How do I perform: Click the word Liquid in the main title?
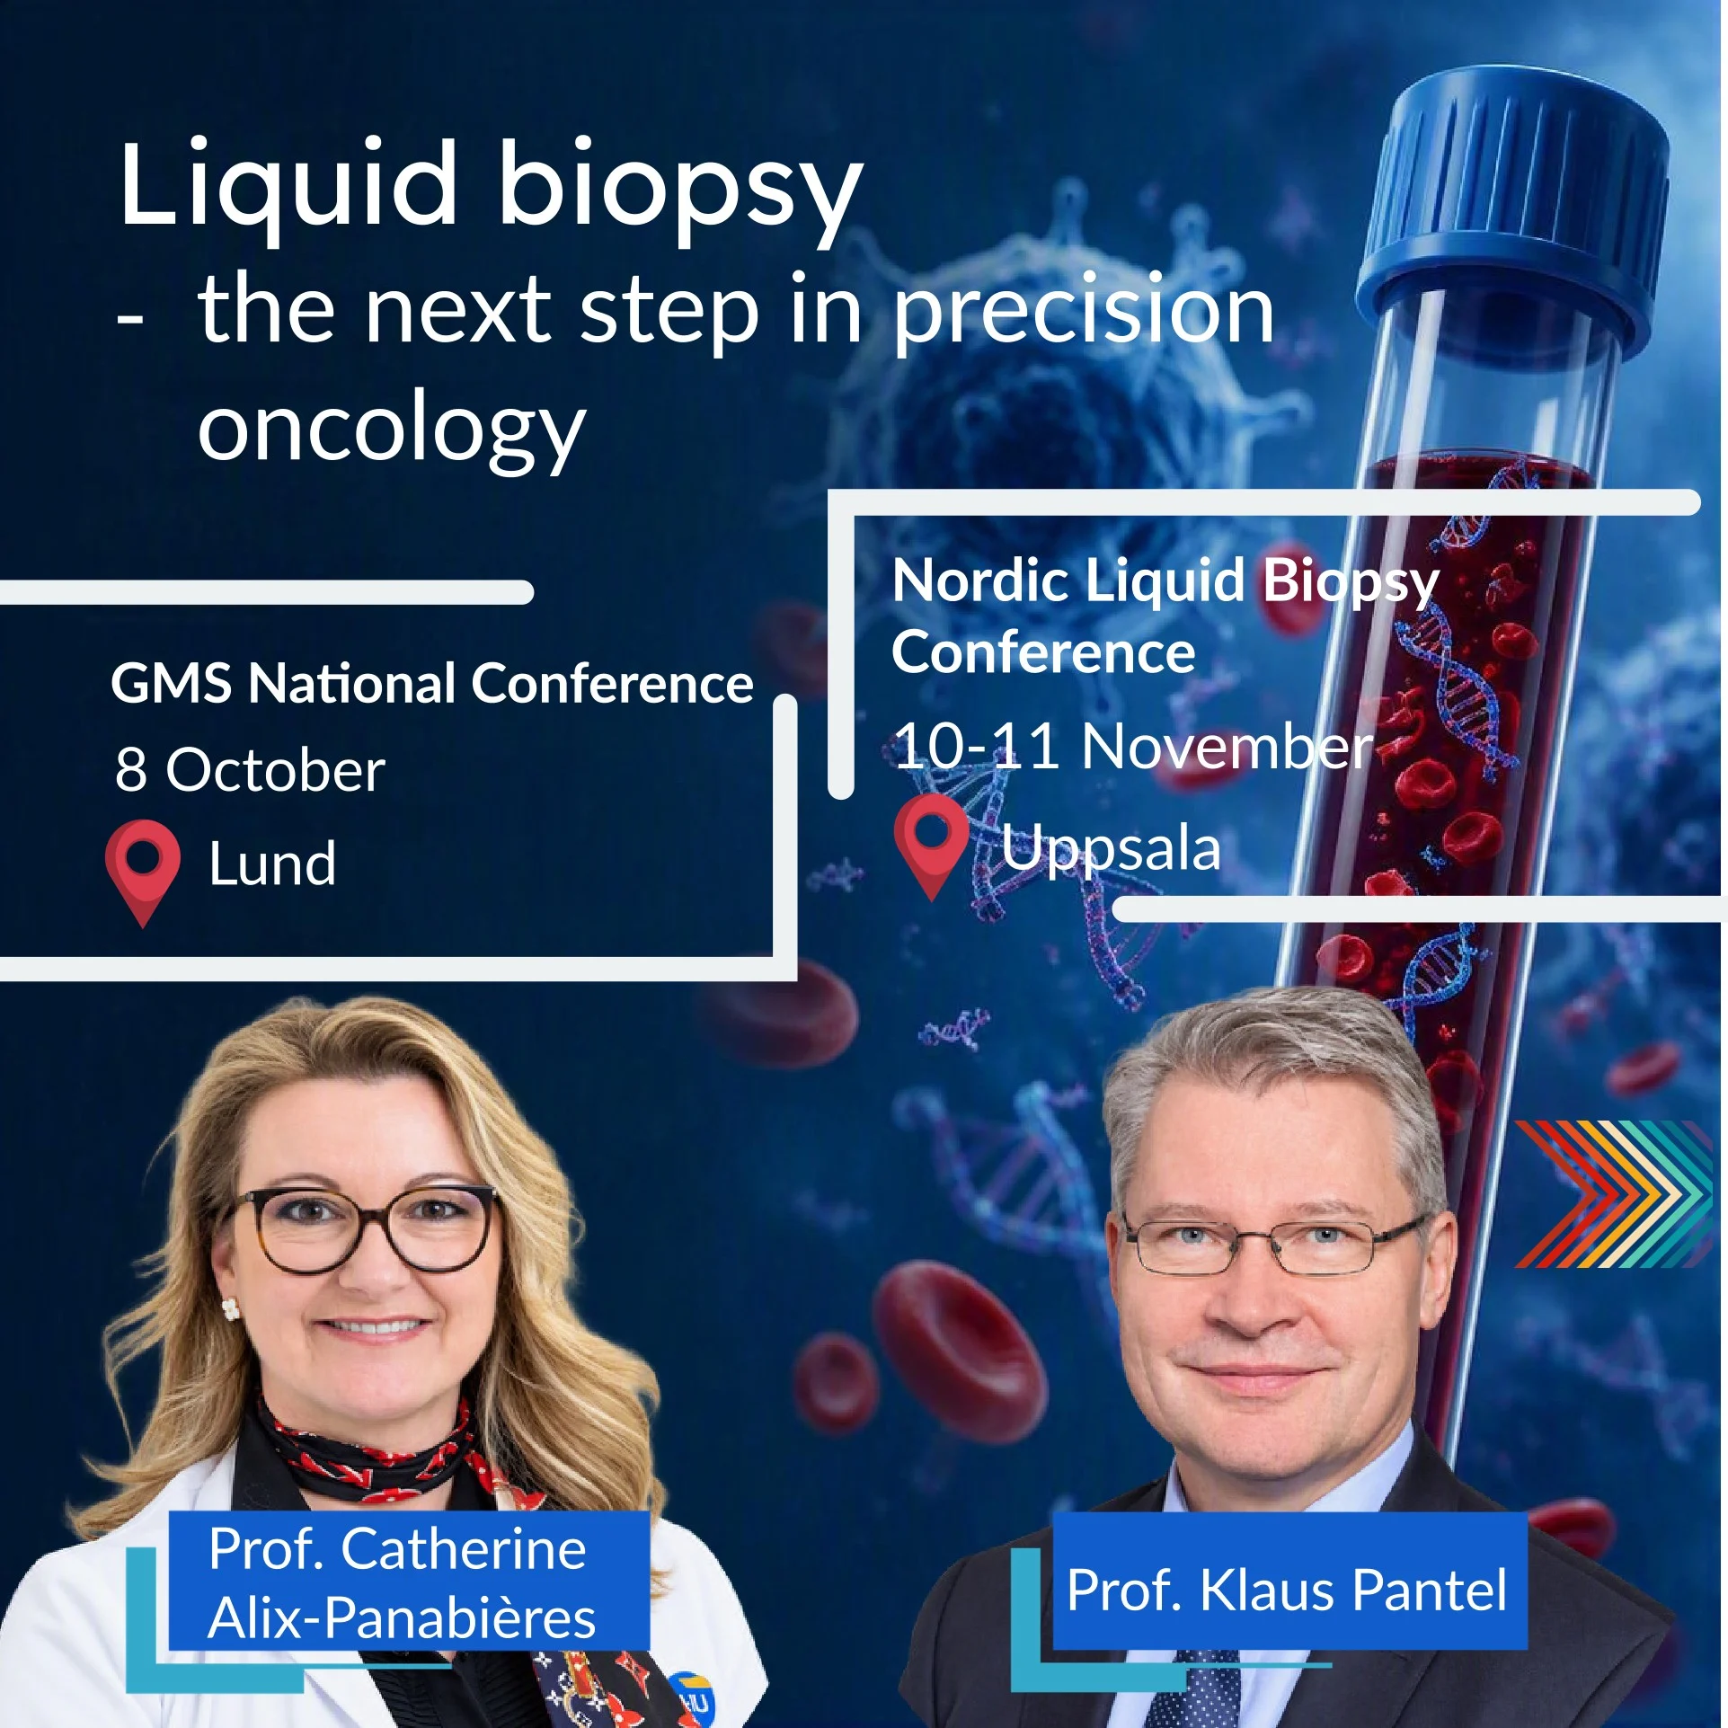pos(288,184)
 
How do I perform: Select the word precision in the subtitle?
pos(1084,312)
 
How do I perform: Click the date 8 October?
pos(250,769)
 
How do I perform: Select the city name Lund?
pos(272,864)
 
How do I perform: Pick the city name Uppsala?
pos(1111,848)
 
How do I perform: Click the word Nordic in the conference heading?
pos(980,580)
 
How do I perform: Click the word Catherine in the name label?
pos(463,1549)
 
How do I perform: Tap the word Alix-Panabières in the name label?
pos(402,1617)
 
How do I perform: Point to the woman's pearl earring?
pos(231,1308)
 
